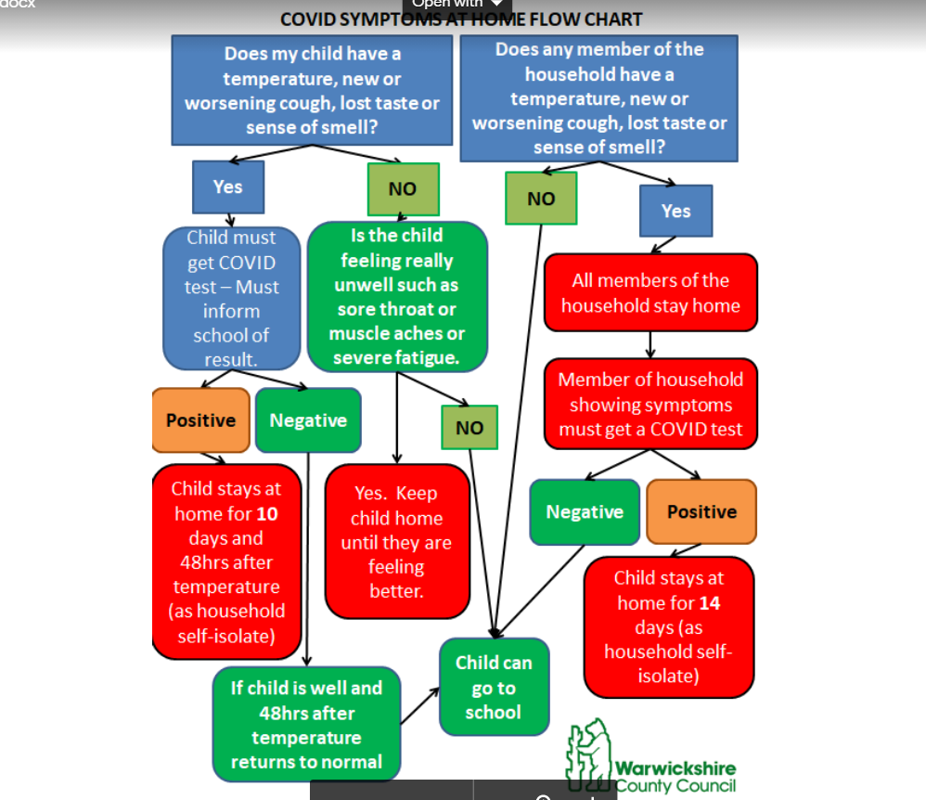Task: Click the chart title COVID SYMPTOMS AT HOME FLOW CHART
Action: coord(461,19)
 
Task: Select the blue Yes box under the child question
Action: coord(227,187)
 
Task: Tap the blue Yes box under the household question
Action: coord(675,211)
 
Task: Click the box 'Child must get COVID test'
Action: coord(231,298)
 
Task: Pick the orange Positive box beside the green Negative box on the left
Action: coord(200,420)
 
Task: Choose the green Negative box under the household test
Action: coord(585,511)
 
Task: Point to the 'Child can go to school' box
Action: coord(494,688)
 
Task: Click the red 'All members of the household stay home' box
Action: coord(650,292)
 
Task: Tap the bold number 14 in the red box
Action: coord(710,603)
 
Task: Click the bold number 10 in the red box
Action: coord(266,513)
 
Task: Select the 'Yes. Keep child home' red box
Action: coord(396,541)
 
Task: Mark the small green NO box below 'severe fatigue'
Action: coord(469,428)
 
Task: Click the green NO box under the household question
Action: coord(541,198)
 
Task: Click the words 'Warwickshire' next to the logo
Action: coord(675,768)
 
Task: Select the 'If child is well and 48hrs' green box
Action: coord(306,725)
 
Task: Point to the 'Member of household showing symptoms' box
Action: coord(650,405)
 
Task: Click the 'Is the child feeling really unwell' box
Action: coord(397,296)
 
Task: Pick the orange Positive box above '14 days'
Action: coord(701,511)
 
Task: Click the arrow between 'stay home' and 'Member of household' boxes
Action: coord(650,344)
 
